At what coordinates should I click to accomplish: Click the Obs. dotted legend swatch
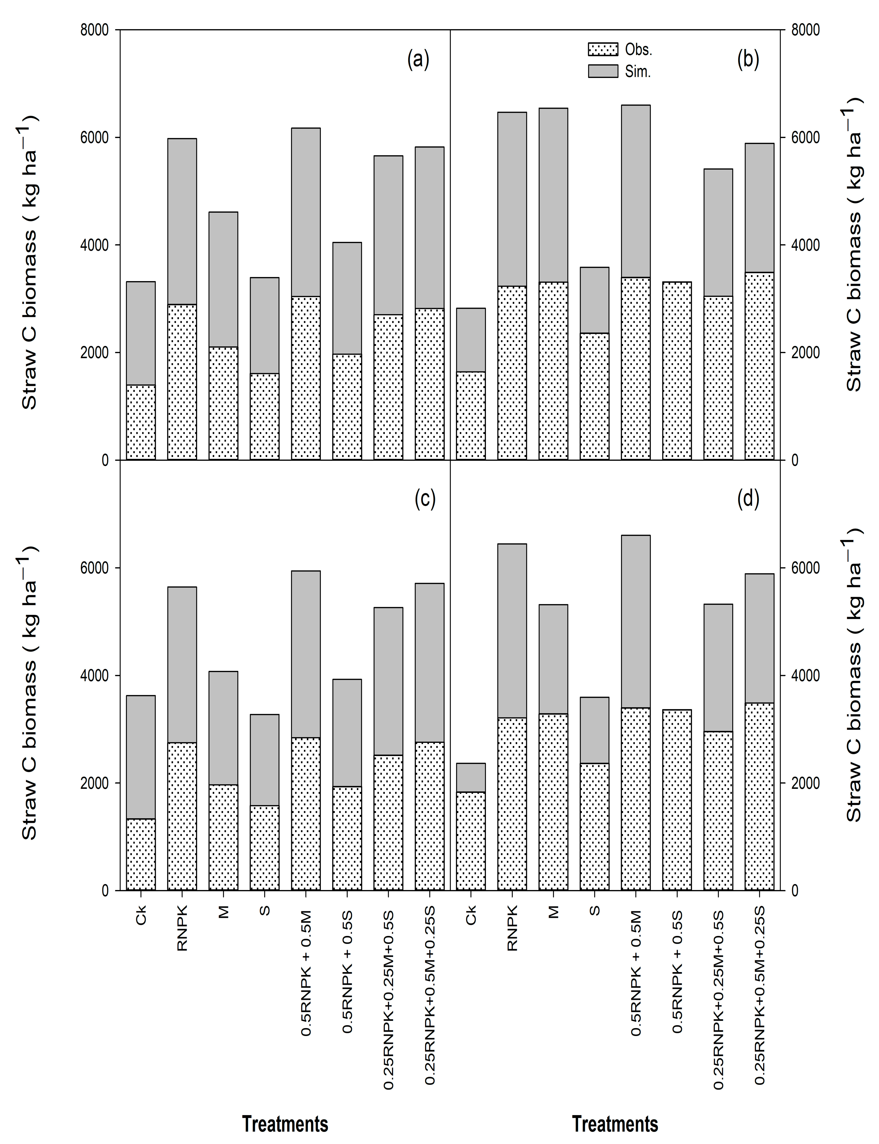[x=603, y=49]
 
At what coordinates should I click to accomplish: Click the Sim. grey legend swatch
[x=603, y=71]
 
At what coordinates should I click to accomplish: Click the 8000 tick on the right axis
[x=805, y=30]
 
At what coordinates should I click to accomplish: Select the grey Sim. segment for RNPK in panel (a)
[x=182, y=221]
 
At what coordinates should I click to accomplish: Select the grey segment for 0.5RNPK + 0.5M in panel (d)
[x=636, y=622]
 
